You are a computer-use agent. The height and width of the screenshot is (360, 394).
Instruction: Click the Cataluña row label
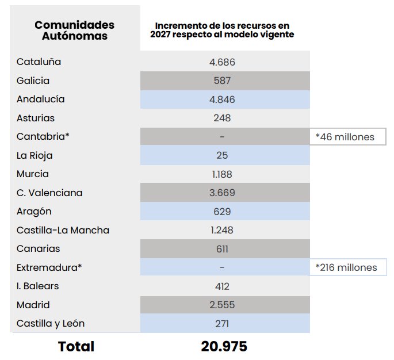point(39,62)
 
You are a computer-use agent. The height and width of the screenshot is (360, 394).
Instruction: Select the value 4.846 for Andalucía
point(222,99)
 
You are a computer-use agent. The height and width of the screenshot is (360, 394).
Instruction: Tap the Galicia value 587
point(222,81)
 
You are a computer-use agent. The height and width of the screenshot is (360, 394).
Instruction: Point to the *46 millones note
point(345,137)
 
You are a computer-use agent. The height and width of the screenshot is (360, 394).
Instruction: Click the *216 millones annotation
point(346,267)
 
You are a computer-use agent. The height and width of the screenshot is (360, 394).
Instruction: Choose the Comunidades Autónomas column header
point(74,30)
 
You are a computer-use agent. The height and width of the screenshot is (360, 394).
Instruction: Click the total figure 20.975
point(224,346)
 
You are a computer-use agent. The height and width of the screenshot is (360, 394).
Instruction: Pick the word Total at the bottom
point(76,346)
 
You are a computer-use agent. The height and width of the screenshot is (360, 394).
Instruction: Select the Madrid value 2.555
point(222,305)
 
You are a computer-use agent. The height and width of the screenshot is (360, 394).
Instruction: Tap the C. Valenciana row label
point(49,193)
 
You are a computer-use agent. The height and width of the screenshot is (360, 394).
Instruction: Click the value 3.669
point(222,193)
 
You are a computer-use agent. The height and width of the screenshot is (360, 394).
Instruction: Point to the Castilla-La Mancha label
point(63,230)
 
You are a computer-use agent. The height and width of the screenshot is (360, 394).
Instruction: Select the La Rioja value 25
point(222,155)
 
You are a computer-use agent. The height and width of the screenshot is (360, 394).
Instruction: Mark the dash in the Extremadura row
point(222,267)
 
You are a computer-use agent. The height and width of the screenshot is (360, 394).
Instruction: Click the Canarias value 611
point(222,249)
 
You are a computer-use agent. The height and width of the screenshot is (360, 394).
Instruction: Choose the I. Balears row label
point(37,286)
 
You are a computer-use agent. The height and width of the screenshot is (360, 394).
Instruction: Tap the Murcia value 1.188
point(222,174)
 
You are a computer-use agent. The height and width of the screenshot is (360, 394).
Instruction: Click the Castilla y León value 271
point(222,324)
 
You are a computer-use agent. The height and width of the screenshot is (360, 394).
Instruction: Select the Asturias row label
point(36,118)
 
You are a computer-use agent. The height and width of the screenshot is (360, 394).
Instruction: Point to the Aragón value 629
point(222,212)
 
